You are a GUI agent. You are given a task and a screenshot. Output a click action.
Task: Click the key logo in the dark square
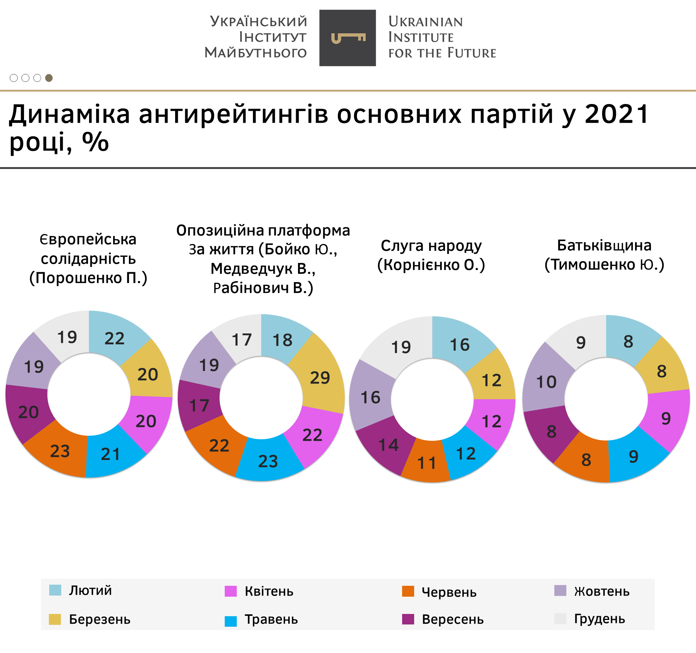pos(348,38)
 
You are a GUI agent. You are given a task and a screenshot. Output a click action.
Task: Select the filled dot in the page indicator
pos(49,78)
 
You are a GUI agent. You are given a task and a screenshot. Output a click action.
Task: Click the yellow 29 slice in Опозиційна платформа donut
pos(319,377)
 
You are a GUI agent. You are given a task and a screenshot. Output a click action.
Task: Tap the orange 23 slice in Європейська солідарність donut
pos(60,451)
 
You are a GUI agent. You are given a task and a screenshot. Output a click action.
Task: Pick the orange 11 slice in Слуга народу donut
pos(427,463)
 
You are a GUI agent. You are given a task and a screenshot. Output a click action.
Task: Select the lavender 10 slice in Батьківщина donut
pos(546,382)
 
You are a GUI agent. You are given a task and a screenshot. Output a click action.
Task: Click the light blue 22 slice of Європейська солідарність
pos(114,338)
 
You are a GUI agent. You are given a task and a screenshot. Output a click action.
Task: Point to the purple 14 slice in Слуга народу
pos(388,445)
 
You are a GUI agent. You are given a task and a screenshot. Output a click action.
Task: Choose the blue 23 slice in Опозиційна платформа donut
pos(268,461)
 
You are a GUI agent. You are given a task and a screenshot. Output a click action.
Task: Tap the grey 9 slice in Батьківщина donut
pos(581,342)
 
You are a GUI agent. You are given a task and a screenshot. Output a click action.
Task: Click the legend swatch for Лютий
pos(55,590)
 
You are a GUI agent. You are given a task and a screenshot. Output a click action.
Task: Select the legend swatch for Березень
pos(55,619)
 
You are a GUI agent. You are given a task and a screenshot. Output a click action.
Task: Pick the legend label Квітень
pos(269,591)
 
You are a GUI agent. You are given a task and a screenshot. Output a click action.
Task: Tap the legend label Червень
pos(449,592)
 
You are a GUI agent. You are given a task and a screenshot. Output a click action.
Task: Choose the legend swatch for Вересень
pos(408,619)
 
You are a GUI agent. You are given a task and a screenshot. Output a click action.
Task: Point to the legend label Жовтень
pos(601,591)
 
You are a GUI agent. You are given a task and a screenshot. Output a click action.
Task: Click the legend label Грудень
pos(599,619)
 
